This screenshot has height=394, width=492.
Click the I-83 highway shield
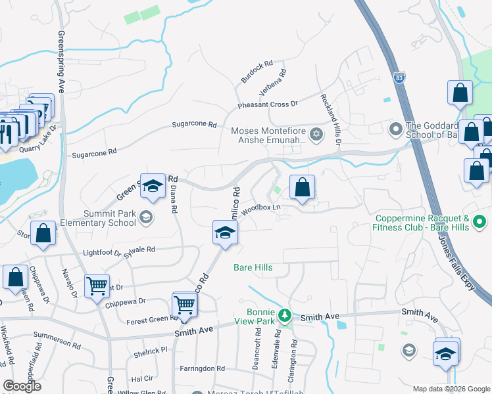399,77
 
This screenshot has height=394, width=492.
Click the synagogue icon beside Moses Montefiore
316,135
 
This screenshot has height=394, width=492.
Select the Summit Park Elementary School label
109,218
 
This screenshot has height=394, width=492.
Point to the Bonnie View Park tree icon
284,316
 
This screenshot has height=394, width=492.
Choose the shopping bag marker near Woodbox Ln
302,187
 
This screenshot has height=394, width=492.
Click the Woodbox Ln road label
261,209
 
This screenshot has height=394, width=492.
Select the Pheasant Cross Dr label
268,104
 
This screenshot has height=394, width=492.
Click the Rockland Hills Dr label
331,119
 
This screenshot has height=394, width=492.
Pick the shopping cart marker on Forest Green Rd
185,305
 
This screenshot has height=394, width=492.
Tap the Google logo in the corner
22,386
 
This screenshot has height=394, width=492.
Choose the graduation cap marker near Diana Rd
153,186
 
